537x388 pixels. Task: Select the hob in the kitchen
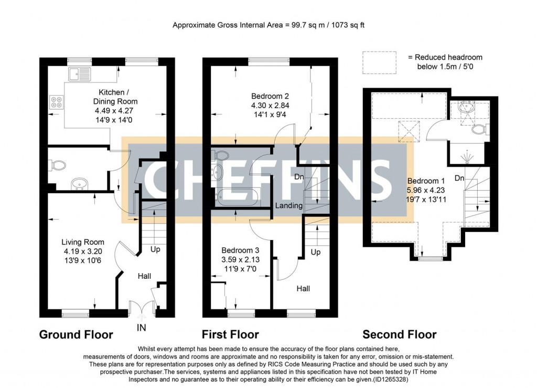[55, 102]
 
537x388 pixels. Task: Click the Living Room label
[83, 242]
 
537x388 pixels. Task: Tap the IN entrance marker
[142, 328]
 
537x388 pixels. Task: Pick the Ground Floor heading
[76, 334]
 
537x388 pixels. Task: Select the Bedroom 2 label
[270, 96]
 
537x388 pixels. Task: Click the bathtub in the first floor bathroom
[237, 197]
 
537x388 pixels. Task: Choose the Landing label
[289, 206]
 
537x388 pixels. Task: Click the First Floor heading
[230, 334]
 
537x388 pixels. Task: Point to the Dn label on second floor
[459, 179]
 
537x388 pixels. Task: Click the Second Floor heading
[399, 334]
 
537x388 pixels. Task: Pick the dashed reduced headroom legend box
[379, 61]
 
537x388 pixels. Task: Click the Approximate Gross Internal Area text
[272, 25]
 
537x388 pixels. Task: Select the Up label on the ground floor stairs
[155, 249]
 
